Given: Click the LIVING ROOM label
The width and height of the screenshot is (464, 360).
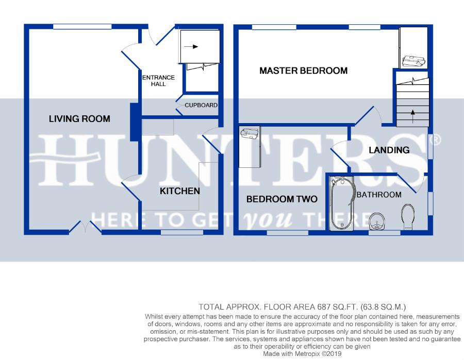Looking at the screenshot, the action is tap(79, 119).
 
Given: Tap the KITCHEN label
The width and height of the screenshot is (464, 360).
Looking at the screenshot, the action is tap(180, 191).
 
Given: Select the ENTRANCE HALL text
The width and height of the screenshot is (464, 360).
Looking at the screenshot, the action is tap(158, 81).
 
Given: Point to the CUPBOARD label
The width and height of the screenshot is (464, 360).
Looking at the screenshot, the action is tap(201, 105).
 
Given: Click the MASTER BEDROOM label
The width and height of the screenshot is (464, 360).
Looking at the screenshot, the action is tap(303, 71).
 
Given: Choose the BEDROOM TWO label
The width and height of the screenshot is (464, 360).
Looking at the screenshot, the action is tap(281, 199).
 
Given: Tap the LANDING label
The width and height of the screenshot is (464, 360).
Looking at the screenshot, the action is tap(389, 150).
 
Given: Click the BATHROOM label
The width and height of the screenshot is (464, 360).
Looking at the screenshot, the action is tap(379, 195).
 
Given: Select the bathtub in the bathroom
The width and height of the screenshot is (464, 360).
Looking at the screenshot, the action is tap(341, 203).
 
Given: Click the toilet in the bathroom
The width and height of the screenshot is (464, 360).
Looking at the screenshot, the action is tap(408, 217).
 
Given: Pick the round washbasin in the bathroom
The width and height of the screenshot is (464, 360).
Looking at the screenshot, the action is tap(377, 221).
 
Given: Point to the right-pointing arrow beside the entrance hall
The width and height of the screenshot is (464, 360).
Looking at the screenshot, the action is tap(191, 46).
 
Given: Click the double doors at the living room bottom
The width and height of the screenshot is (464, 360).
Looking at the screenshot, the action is tap(85, 227).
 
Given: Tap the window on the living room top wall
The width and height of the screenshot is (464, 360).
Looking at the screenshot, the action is tap(82, 27).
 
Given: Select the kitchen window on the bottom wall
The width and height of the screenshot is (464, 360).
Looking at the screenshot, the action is tap(182, 233).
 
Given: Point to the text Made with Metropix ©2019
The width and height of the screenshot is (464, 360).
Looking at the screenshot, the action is tap(302, 354).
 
